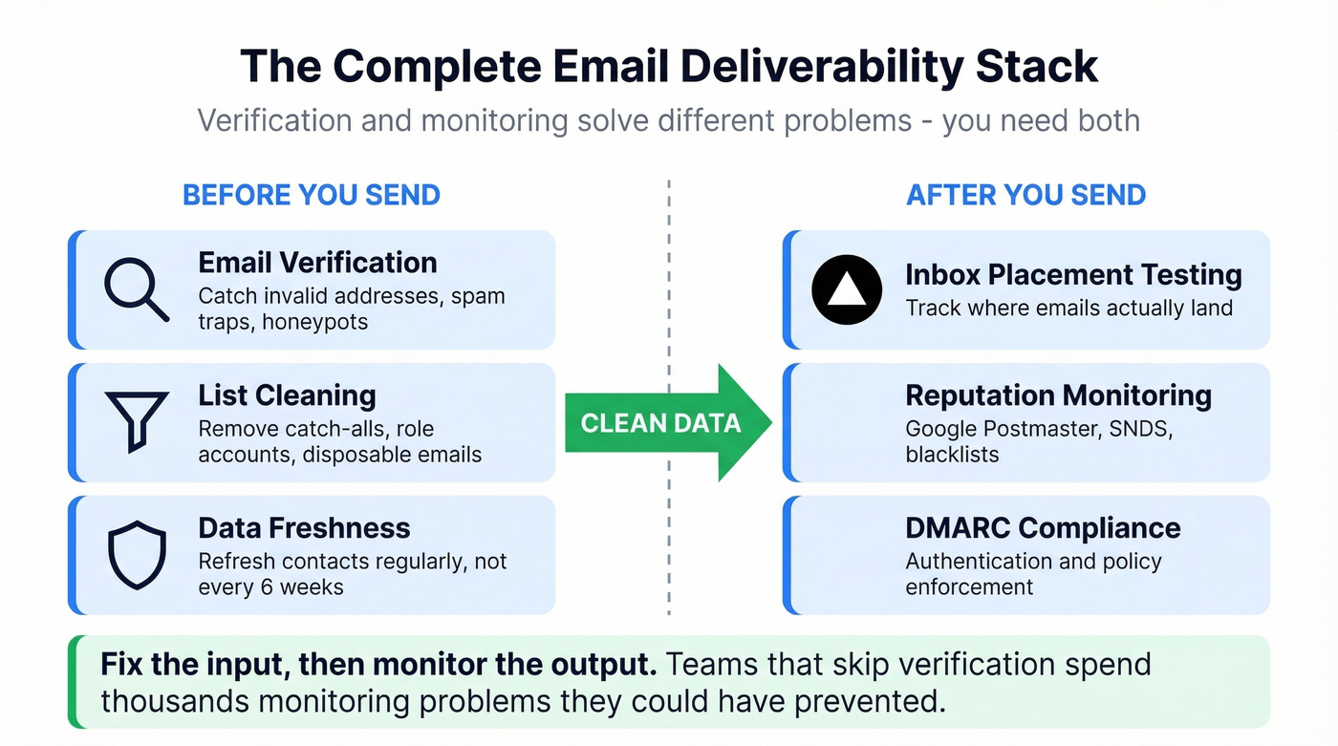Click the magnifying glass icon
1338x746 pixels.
[136, 289]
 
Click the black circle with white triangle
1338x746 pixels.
[846, 289]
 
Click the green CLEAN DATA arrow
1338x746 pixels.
[668, 422]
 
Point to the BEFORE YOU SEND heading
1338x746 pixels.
[311, 195]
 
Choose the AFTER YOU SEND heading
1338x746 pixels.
[1025, 195]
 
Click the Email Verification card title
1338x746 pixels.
[317, 263]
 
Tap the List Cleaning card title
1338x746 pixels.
[287, 395]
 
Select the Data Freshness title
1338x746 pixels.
[304, 528]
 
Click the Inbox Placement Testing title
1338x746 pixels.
[1073, 275]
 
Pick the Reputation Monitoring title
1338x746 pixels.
[1058, 395]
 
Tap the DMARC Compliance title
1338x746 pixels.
[1043, 528]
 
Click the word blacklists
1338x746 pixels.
[952, 455]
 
